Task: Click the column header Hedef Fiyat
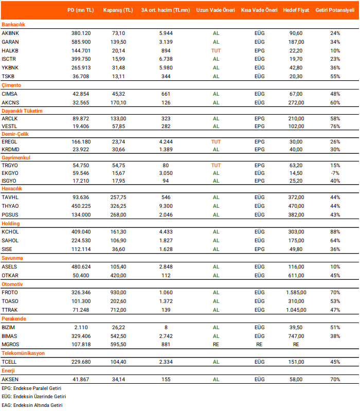pos(296,10)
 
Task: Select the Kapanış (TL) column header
pos(118,10)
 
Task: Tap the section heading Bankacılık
pos(13,24)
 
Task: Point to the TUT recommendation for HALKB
pos(216,50)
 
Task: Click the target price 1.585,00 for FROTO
pos(296,292)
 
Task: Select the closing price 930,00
pos(118,292)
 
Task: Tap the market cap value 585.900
pos(81,42)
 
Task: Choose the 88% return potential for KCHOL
pos(335,232)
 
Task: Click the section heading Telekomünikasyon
pos(23,353)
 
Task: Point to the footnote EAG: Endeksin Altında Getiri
pos(32,405)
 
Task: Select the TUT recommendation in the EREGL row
pos(216,141)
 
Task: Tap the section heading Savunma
pos(12,258)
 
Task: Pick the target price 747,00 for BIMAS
pos(296,335)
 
